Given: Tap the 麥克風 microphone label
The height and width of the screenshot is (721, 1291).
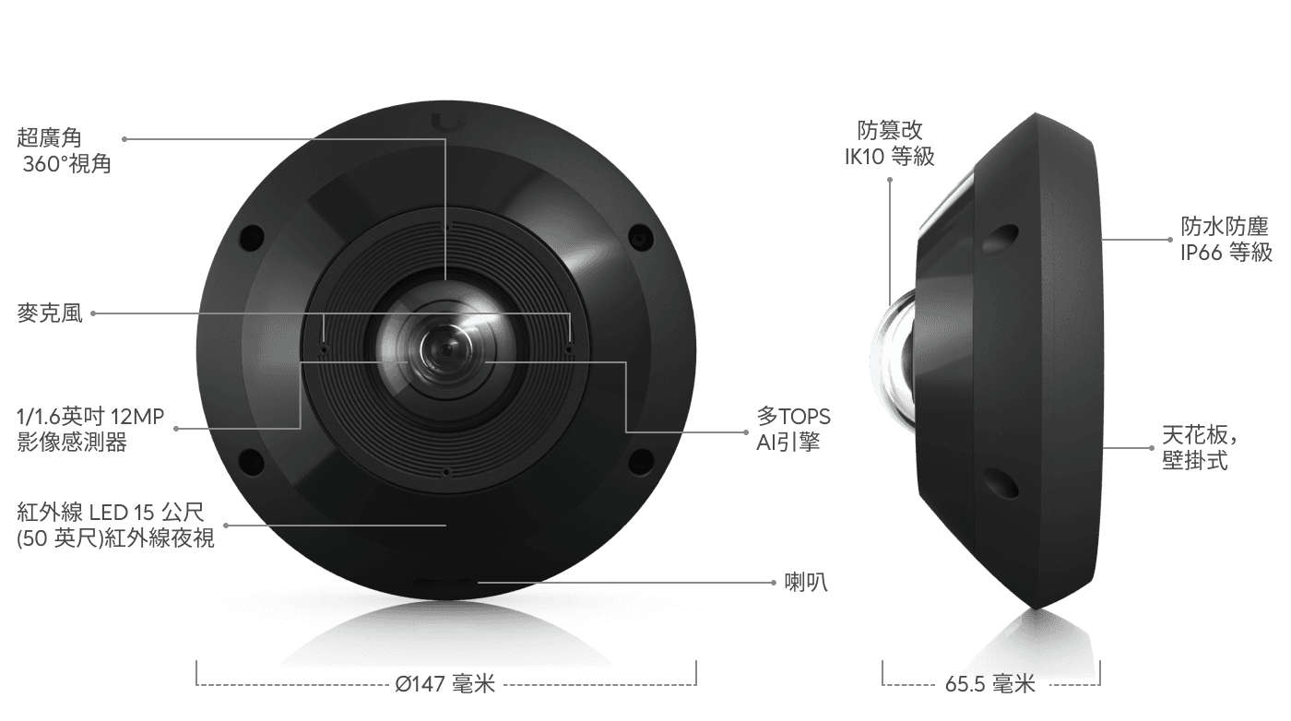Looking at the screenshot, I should click(x=50, y=313).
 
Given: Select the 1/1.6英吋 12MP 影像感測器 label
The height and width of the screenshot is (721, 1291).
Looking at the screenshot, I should click(x=90, y=430).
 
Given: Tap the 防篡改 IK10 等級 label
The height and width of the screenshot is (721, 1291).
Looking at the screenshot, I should click(x=890, y=143).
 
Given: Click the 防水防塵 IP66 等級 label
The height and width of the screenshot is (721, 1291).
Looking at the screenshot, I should click(x=1226, y=239).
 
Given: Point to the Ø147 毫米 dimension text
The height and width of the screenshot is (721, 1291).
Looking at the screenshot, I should click(x=445, y=684).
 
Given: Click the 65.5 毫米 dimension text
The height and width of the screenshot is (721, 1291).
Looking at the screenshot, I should click(x=990, y=684).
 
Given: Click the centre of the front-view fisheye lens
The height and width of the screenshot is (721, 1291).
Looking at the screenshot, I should click(x=445, y=349).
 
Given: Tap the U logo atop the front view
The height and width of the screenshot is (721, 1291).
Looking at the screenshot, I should click(x=447, y=120).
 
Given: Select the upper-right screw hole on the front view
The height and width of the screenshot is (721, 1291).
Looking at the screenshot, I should click(x=637, y=237).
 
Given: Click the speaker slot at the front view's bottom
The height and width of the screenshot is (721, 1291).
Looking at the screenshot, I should click(x=445, y=585).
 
